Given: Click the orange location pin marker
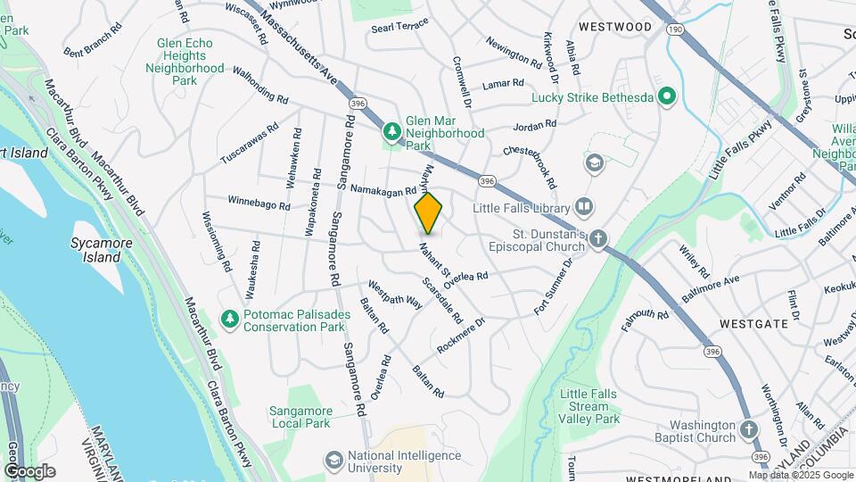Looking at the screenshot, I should point(429,212).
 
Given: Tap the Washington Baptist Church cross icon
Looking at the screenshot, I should point(750,432).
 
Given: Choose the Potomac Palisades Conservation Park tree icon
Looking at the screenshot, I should point(229,319).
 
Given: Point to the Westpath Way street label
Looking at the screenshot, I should point(394,295).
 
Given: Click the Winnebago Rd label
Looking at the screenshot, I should point(259,203).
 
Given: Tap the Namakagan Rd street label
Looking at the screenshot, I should point(383,190).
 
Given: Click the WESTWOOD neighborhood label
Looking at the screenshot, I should point(615,27).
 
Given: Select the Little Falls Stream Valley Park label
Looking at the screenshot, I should point(589,406).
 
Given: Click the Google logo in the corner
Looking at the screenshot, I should point(29,470).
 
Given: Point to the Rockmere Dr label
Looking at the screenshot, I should point(461,335).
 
